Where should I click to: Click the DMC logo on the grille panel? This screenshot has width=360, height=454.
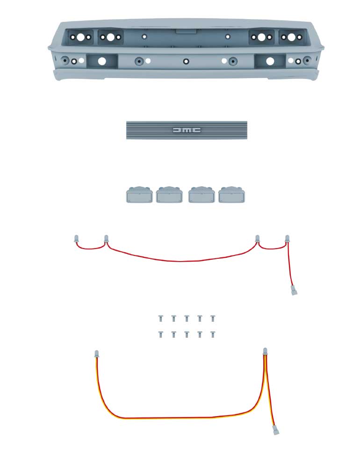point(187,130)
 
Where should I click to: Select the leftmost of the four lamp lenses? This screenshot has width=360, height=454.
point(139,195)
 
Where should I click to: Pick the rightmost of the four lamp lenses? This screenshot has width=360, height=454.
point(231,195)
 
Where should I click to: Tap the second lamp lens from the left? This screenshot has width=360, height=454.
point(169,195)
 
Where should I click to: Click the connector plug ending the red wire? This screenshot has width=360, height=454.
point(294,291)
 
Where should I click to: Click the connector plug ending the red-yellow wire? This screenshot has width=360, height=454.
point(276,430)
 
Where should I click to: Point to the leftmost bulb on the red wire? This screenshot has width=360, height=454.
point(76,239)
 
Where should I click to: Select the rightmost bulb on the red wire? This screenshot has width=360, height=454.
point(287,239)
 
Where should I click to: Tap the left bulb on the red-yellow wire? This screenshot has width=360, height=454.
point(96,354)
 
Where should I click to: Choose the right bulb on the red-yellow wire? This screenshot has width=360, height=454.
point(265,351)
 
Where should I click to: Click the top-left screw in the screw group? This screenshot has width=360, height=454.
point(160,319)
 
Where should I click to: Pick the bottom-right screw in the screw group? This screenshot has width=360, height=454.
point(213,334)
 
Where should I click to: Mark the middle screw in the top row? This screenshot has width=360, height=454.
point(187,319)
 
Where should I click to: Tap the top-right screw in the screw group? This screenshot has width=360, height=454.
point(213,319)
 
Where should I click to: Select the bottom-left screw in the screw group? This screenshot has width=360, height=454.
point(160,334)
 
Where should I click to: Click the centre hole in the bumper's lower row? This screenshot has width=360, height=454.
point(186,61)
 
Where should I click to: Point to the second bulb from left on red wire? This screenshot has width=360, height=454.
point(107,239)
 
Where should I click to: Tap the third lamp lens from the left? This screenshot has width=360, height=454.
point(202,195)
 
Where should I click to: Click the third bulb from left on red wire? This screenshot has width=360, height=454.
point(257,239)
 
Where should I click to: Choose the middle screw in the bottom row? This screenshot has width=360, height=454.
point(187,334)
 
